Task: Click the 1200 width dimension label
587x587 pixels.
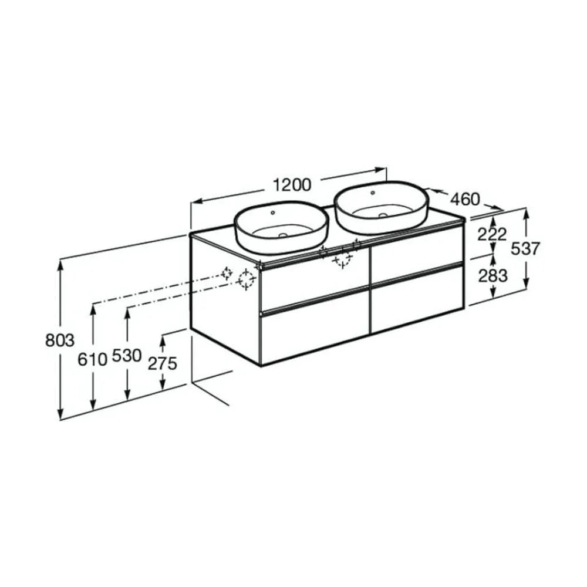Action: click(x=292, y=185)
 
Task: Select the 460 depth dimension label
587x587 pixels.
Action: click(x=464, y=199)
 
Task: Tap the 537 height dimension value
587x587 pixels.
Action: click(x=526, y=248)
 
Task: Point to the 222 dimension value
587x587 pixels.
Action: click(x=492, y=235)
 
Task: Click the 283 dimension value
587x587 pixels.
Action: click(x=493, y=275)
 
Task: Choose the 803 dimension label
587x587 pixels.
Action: click(x=60, y=340)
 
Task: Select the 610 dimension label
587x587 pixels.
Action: click(x=93, y=360)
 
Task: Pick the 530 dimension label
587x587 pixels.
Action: click(x=127, y=356)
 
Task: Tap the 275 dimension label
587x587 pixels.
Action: click(x=162, y=363)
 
